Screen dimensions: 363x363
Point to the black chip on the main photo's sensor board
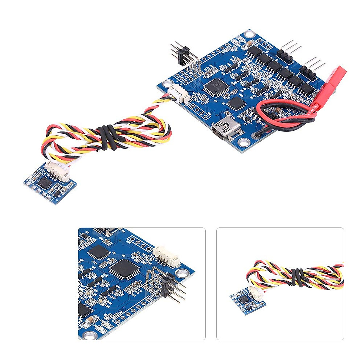tap(44, 182)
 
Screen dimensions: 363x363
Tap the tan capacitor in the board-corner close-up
tap(90, 321)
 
